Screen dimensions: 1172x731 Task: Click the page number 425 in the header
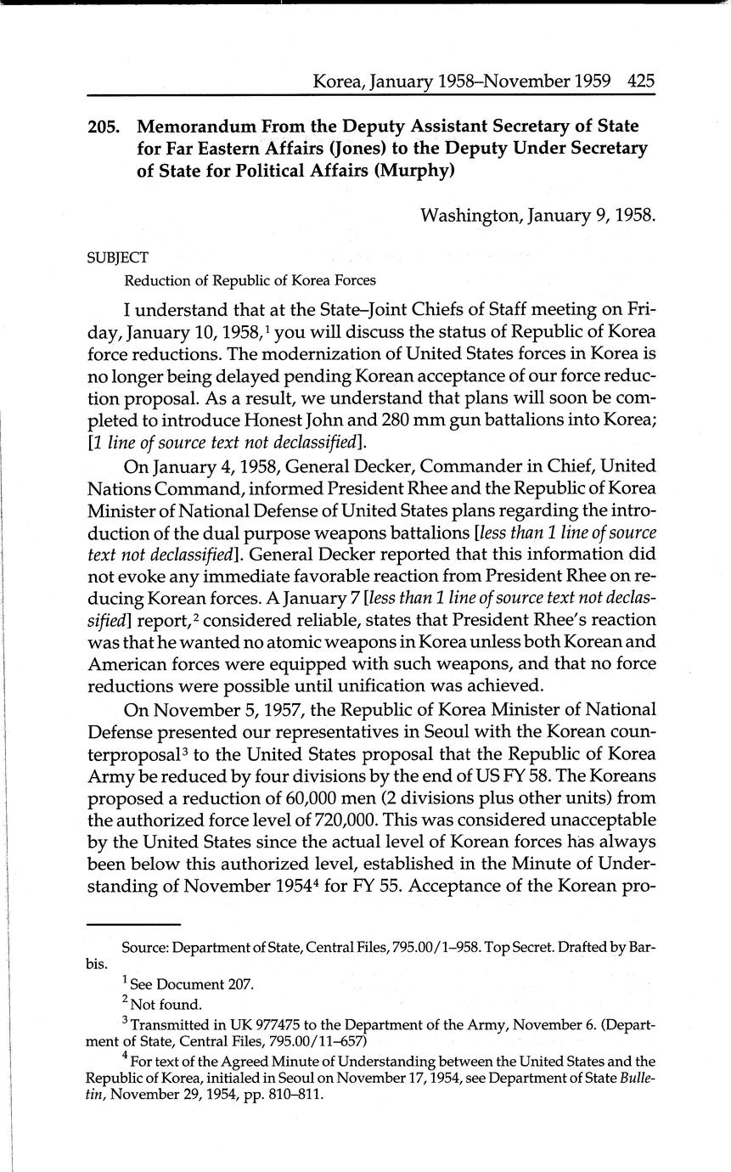tap(641, 82)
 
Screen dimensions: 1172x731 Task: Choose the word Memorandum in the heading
tap(199, 127)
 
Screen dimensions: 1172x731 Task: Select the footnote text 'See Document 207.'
tap(192, 985)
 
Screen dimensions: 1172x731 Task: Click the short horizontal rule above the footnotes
tap(133, 924)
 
